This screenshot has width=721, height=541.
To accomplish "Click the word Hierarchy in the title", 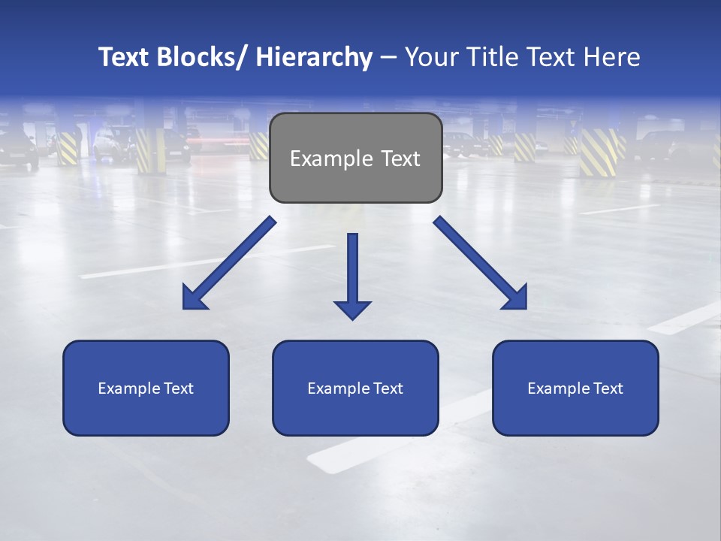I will click(314, 58).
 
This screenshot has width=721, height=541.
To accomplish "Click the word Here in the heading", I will click(611, 58).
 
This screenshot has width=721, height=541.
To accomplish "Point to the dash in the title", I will click(388, 58).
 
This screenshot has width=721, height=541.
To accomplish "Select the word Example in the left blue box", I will click(128, 388).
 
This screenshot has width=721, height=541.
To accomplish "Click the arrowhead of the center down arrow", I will click(352, 310).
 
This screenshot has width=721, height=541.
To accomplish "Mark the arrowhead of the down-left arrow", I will click(193, 298).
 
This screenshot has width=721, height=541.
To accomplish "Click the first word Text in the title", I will click(125, 58).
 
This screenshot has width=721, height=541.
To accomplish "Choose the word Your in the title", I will click(430, 58).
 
